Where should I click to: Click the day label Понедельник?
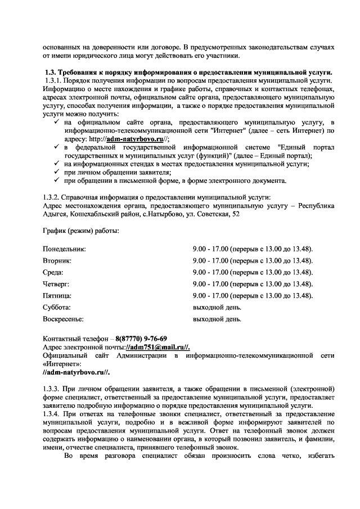(x=64, y=249)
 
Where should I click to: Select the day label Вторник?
(x=57, y=260)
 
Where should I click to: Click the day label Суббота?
(x=57, y=308)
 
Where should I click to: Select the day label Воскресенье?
(x=63, y=319)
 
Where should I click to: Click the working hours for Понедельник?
(x=253, y=249)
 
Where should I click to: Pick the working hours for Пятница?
(x=253, y=296)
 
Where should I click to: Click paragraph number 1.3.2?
(x=51, y=196)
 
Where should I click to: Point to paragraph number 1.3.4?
(x=51, y=414)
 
